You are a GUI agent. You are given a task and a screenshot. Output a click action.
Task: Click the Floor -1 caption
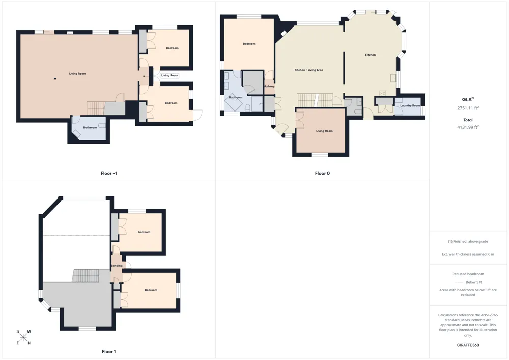tap(109, 173)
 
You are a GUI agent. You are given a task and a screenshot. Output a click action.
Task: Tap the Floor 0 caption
tap(322, 173)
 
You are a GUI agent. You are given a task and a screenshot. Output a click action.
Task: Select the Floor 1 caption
tap(109, 351)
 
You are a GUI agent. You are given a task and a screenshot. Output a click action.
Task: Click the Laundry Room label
tap(410, 105)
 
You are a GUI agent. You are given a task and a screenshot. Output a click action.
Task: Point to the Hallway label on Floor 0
tap(269, 86)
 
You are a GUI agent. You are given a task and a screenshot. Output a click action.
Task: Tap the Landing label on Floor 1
tap(117, 265)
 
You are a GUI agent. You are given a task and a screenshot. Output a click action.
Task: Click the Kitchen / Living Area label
tap(309, 70)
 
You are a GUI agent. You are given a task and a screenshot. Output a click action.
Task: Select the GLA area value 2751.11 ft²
tap(468, 108)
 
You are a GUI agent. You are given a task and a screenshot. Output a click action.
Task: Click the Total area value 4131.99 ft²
tap(468, 127)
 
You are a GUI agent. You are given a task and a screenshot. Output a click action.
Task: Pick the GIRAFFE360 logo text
tap(468, 345)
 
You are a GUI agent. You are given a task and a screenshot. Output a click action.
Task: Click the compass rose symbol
tap(23, 337)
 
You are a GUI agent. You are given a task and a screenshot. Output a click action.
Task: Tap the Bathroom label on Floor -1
tap(90, 128)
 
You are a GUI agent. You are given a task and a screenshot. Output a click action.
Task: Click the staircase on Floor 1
tap(86, 275)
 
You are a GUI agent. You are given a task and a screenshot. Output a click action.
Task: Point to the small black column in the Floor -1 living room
tap(55, 78)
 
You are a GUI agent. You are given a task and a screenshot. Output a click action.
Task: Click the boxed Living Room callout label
tap(169, 75)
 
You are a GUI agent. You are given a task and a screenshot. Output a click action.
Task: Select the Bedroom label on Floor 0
tap(249, 44)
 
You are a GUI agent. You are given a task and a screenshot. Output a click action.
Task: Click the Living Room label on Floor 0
tap(324, 131)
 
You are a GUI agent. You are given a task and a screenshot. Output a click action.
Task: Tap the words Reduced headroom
tap(468, 274)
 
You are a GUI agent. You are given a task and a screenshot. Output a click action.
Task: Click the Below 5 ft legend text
tap(473, 282)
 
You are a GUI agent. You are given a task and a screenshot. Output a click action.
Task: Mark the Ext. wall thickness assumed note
tap(468, 254)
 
